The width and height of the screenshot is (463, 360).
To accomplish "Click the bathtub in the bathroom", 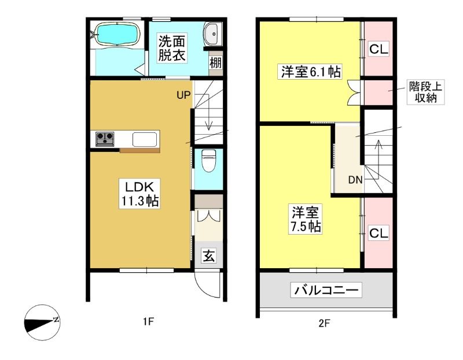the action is pos(117,34).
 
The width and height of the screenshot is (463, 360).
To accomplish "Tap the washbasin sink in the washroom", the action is pos(212,34).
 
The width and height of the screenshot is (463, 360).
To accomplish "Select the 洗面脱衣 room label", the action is pos(171,48).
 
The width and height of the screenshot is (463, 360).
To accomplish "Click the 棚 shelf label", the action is pos(216,62).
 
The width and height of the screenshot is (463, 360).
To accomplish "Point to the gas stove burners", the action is pos(105,139).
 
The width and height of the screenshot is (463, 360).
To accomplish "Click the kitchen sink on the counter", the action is pos(145,139).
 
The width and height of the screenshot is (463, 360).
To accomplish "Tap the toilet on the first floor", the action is pos(209,161).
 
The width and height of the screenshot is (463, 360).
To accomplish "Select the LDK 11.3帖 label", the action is pos(140,194).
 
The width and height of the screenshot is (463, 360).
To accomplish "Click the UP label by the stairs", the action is pos(183,95).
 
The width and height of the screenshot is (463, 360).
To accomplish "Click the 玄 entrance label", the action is pos(209,256).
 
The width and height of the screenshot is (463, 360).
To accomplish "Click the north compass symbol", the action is pos(42,322).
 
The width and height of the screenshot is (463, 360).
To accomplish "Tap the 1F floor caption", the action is pos(149,321).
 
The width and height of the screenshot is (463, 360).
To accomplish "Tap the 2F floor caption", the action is pos(324,324).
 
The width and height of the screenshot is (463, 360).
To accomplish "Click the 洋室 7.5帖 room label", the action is pos(306,219).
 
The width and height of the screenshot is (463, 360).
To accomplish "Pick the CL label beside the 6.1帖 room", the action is pos(379,49).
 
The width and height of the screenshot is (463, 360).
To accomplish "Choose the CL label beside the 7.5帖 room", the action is pos(379,233).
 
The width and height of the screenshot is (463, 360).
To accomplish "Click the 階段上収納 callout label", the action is pos(425,92).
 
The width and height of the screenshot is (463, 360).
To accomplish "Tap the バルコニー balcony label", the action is pos(326,290).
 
